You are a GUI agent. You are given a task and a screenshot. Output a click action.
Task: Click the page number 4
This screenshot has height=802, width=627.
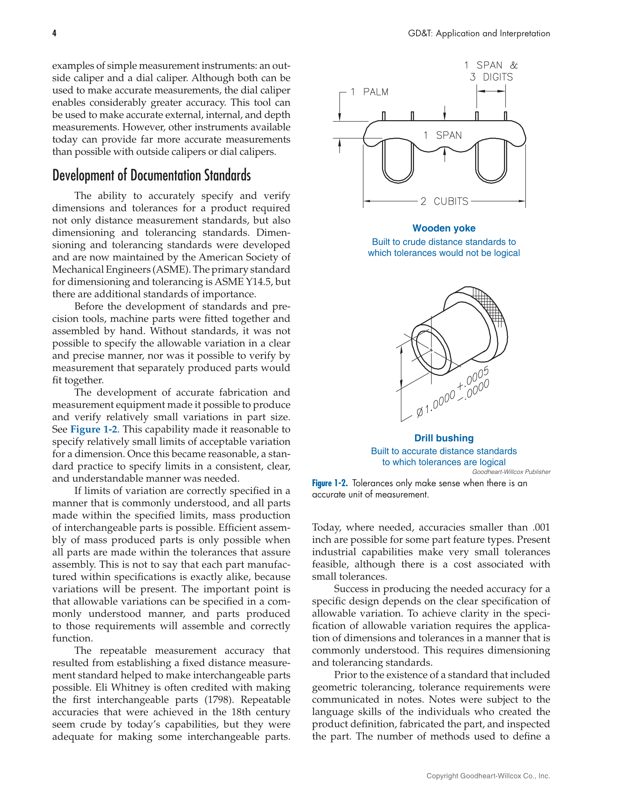[x=54, y=33]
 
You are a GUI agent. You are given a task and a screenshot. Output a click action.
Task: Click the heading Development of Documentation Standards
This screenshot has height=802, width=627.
[x=151, y=175]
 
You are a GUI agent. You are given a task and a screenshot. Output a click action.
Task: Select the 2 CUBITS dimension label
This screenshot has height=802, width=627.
[x=444, y=201]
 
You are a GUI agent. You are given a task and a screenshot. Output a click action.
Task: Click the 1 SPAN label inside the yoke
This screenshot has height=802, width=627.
[x=442, y=135]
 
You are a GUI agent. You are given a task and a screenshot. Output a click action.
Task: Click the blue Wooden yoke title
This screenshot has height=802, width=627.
[x=444, y=228]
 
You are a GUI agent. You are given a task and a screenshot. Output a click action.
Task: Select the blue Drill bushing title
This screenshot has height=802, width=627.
[x=444, y=438]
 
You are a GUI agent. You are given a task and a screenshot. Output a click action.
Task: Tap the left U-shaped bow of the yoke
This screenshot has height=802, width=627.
[x=398, y=165]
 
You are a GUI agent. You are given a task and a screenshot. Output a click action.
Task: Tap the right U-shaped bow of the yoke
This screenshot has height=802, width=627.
[x=491, y=165]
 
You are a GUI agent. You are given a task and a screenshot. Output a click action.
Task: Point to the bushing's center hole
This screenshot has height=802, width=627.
[x=432, y=351]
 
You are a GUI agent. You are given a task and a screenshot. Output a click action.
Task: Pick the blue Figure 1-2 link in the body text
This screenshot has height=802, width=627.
[x=94, y=429]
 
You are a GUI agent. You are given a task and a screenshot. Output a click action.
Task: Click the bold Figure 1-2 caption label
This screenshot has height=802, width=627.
[x=329, y=483]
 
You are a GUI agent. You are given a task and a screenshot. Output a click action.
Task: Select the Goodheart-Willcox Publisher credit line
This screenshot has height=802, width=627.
[x=511, y=472]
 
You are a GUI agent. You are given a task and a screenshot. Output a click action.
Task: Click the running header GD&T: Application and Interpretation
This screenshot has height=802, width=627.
[x=479, y=33]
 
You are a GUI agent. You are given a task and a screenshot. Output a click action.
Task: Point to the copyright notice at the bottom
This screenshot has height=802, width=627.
[x=488, y=776]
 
